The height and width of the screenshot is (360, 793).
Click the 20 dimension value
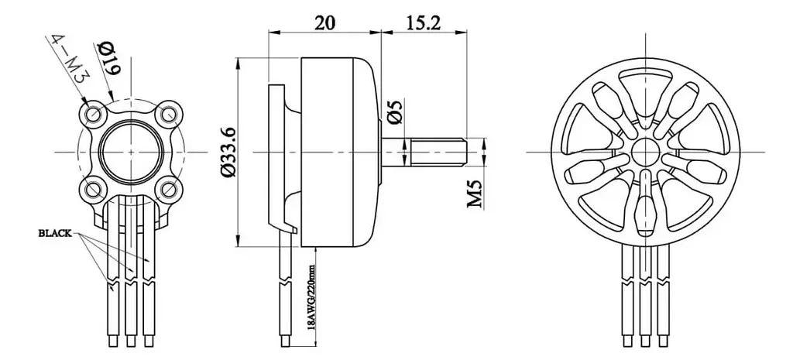[x=325, y=22]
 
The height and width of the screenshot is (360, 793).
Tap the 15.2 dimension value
[x=423, y=22]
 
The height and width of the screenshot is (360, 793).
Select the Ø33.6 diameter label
[x=228, y=153]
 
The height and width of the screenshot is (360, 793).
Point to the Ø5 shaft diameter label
[x=396, y=112]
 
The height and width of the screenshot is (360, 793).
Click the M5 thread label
[x=475, y=193]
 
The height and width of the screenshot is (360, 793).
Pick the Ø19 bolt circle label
[x=108, y=57]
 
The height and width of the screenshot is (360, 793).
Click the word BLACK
[x=55, y=234]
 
